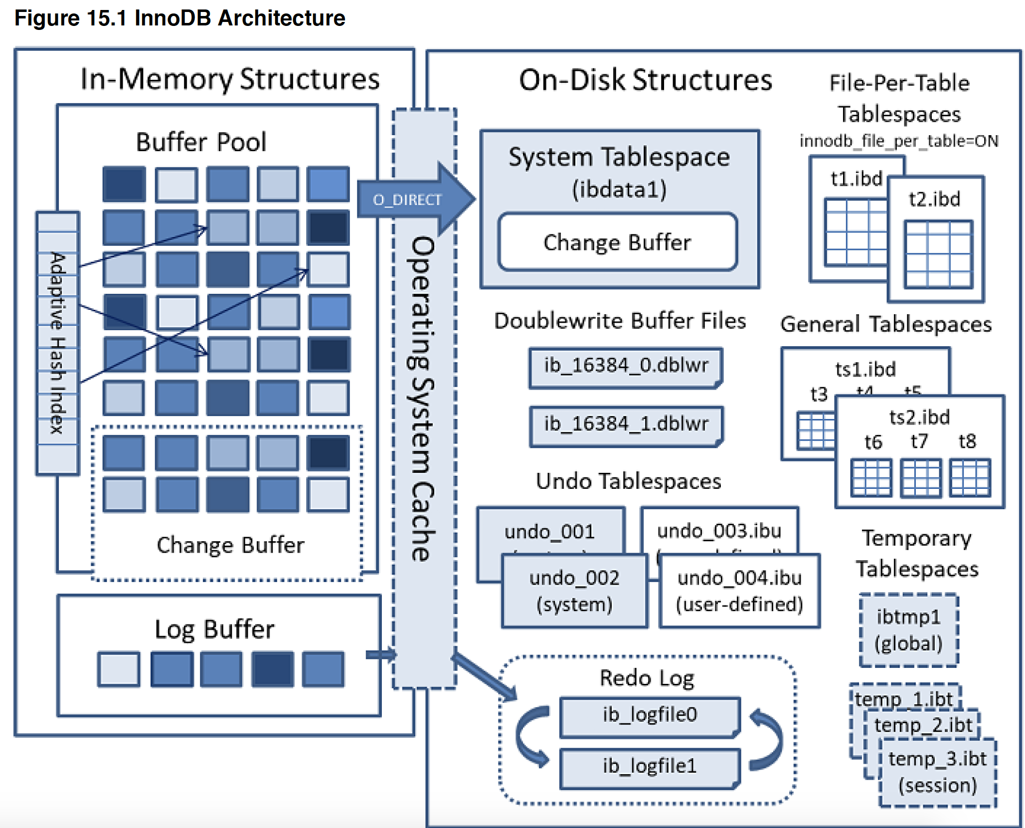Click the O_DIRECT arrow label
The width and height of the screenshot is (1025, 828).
(407, 200)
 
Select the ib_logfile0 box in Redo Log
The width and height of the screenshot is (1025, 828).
(649, 715)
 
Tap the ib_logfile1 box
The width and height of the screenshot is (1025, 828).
(649, 766)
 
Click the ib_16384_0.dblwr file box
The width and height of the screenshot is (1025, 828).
(626, 366)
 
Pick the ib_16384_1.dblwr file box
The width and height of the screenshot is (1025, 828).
(626, 424)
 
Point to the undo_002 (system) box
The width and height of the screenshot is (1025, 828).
(574, 591)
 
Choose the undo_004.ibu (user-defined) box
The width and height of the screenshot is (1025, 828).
(739, 591)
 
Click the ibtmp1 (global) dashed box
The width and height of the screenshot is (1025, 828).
(908, 630)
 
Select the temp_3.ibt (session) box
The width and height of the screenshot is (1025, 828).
(937, 772)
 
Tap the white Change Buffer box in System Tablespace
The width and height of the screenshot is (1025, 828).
(617, 243)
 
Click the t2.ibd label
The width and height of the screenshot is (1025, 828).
(934, 200)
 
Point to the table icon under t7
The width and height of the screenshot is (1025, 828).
(920, 478)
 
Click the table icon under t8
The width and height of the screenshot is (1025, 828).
(969, 478)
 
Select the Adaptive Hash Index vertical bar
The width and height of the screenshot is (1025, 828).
(57, 343)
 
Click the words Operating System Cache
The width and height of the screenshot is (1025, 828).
(423, 399)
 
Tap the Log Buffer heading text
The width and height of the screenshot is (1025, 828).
(214, 629)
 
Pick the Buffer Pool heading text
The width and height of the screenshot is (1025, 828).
(201, 143)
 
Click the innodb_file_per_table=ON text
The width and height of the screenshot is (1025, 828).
(899, 142)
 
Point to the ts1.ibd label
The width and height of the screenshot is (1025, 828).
(865, 370)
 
